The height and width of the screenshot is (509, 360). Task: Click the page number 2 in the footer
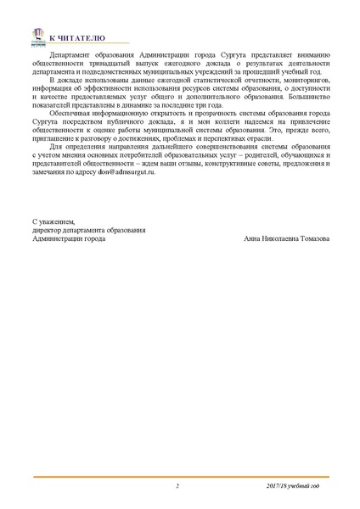click(x=177, y=486)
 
